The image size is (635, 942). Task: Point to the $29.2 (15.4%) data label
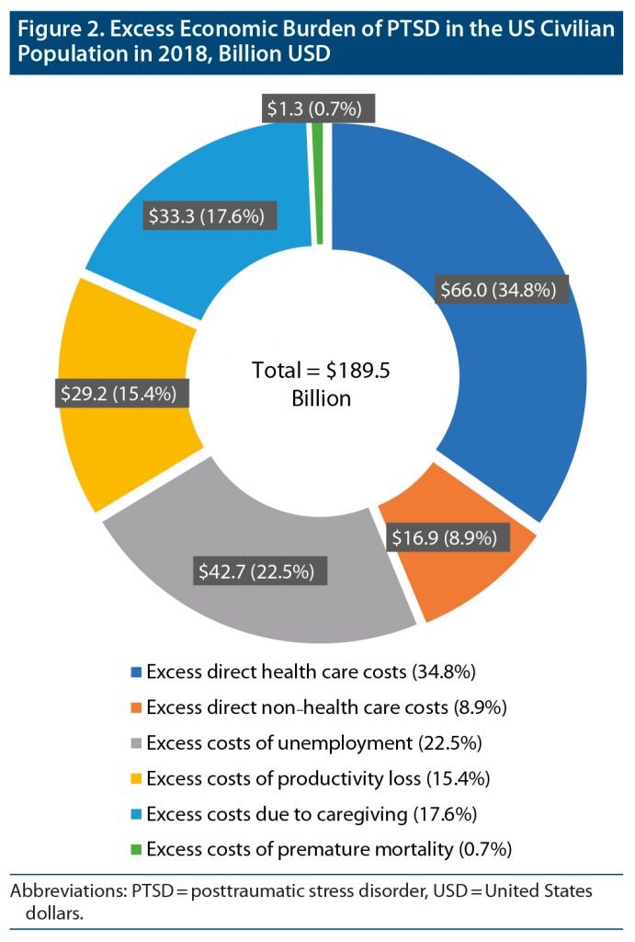(119, 393)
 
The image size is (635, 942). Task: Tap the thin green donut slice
(318, 184)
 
